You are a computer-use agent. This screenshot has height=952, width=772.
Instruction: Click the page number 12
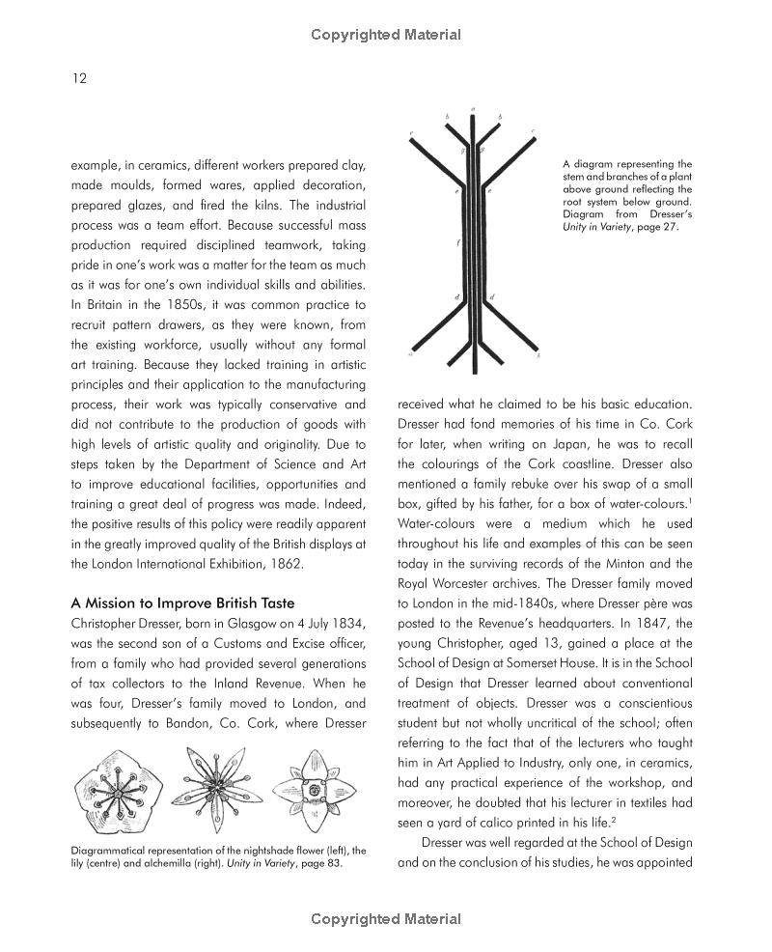[x=79, y=78]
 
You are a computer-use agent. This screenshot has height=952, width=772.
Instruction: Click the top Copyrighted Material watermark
[x=386, y=35]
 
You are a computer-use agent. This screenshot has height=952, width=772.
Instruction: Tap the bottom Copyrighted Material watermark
[x=386, y=919]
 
